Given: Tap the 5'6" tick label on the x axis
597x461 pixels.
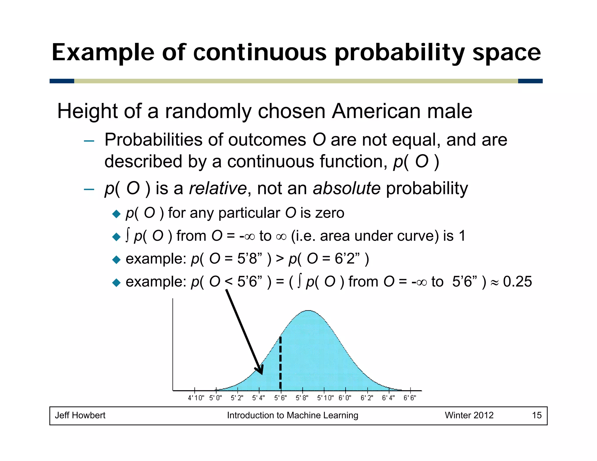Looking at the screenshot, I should [x=280, y=398].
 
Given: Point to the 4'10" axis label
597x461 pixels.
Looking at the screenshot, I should [x=196, y=398].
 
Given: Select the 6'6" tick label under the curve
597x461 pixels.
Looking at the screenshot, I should [x=410, y=398].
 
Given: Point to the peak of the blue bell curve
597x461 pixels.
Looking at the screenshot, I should [x=308, y=311].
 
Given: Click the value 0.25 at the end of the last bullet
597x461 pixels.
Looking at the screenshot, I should [x=517, y=282].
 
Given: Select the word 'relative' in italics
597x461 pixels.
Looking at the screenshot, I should [x=218, y=189].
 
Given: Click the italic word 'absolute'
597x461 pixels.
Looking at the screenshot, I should [x=347, y=189].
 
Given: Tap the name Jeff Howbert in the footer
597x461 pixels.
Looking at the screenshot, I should [x=80, y=415].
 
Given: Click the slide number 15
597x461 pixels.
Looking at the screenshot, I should [x=537, y=415].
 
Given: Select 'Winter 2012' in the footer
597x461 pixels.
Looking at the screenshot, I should [x=469, y=415].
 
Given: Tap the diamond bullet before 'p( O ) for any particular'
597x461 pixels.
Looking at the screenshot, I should [x=116, y=214].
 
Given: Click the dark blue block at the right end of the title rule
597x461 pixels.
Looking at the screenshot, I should [x=530, y=81].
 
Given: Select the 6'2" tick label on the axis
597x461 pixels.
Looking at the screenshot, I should [x=367, y=398].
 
